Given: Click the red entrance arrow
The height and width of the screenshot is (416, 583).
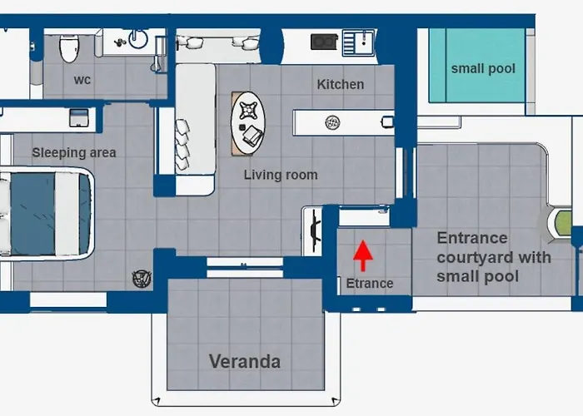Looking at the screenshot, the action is pyautogui.click(x=363, y=255).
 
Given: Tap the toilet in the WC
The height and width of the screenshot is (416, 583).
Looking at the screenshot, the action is pyautogui.click(x=69, y=48).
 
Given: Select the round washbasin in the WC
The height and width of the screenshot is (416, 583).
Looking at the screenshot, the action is pyautogui.click(x=138, y=39).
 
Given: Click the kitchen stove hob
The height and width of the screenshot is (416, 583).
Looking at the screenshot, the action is pyautogui.click(x=324, y=42).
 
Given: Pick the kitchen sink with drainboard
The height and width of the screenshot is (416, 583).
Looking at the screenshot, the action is pyautogui.click(x=358, y=43).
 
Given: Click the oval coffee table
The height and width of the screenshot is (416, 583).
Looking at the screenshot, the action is pyautogui.click(x=248, y=123).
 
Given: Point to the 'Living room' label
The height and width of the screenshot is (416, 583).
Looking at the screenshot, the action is pyautogui.click(x=281, y=175).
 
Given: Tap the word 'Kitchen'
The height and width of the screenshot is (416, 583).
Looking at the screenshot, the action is pyautogui.click(x=340, y=84).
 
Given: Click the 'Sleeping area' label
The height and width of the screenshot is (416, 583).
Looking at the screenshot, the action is pyautogui.click(x=74, y=152).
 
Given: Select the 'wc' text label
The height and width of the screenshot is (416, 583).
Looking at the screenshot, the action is pyautogui.click(x=82, y=80).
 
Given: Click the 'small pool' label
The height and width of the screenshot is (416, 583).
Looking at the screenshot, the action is pyautogui.click(x=483, y=69).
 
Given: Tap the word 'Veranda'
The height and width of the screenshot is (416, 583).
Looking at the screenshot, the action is pyautogui.click(x=245, y=361).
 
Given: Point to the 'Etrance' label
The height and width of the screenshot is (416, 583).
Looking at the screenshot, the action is pyautogui.click(x=370, y=284).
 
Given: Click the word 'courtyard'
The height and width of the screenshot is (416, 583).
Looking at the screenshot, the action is pyautogui.click(x=494, y=257).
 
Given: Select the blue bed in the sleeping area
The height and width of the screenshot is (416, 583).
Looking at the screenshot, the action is pyautogui.click(x=45, y=215).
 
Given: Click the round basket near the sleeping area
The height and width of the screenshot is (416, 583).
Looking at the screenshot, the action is pyautogui.click(x=142, y=279).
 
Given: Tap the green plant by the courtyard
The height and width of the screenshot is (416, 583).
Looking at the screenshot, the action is pyautogui.click(x=562, y=223).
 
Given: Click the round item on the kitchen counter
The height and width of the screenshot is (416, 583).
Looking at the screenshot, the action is pyautogui.click(x=332, y=122).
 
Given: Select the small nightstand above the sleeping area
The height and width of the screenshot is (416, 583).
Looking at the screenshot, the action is pyautogui.click(x=79, y=117).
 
